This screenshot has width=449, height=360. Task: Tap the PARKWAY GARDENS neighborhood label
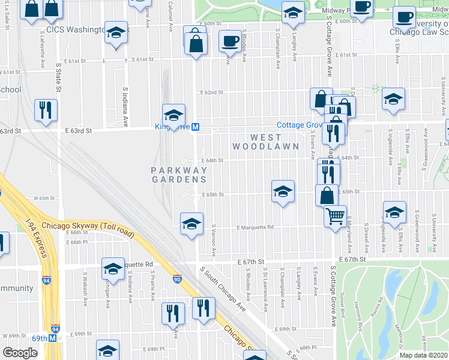(179, 175)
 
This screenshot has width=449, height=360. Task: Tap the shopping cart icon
(335, 215)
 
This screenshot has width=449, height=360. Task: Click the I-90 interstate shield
(176, 279)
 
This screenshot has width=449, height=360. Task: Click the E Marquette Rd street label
(255, 227)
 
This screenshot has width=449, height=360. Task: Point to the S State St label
(59, 77)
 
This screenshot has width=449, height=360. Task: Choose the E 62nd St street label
(211, 92)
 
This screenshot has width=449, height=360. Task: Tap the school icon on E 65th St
(283, 191)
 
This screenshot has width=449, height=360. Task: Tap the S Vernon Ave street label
(214, 239)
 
